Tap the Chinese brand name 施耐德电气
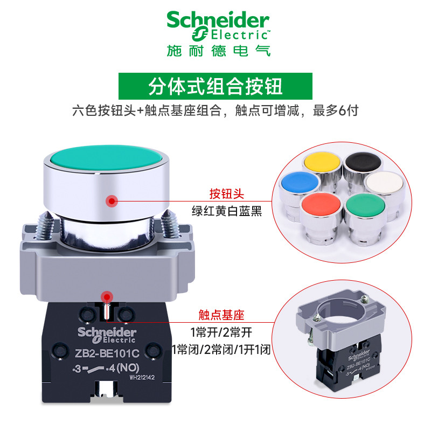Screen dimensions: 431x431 pos(218,51)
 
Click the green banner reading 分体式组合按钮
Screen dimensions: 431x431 pos(215,87)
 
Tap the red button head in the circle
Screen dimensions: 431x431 pos(322,206)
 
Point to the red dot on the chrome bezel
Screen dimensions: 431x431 pos(112,201)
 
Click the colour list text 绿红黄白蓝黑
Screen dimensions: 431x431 pos(226,212)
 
